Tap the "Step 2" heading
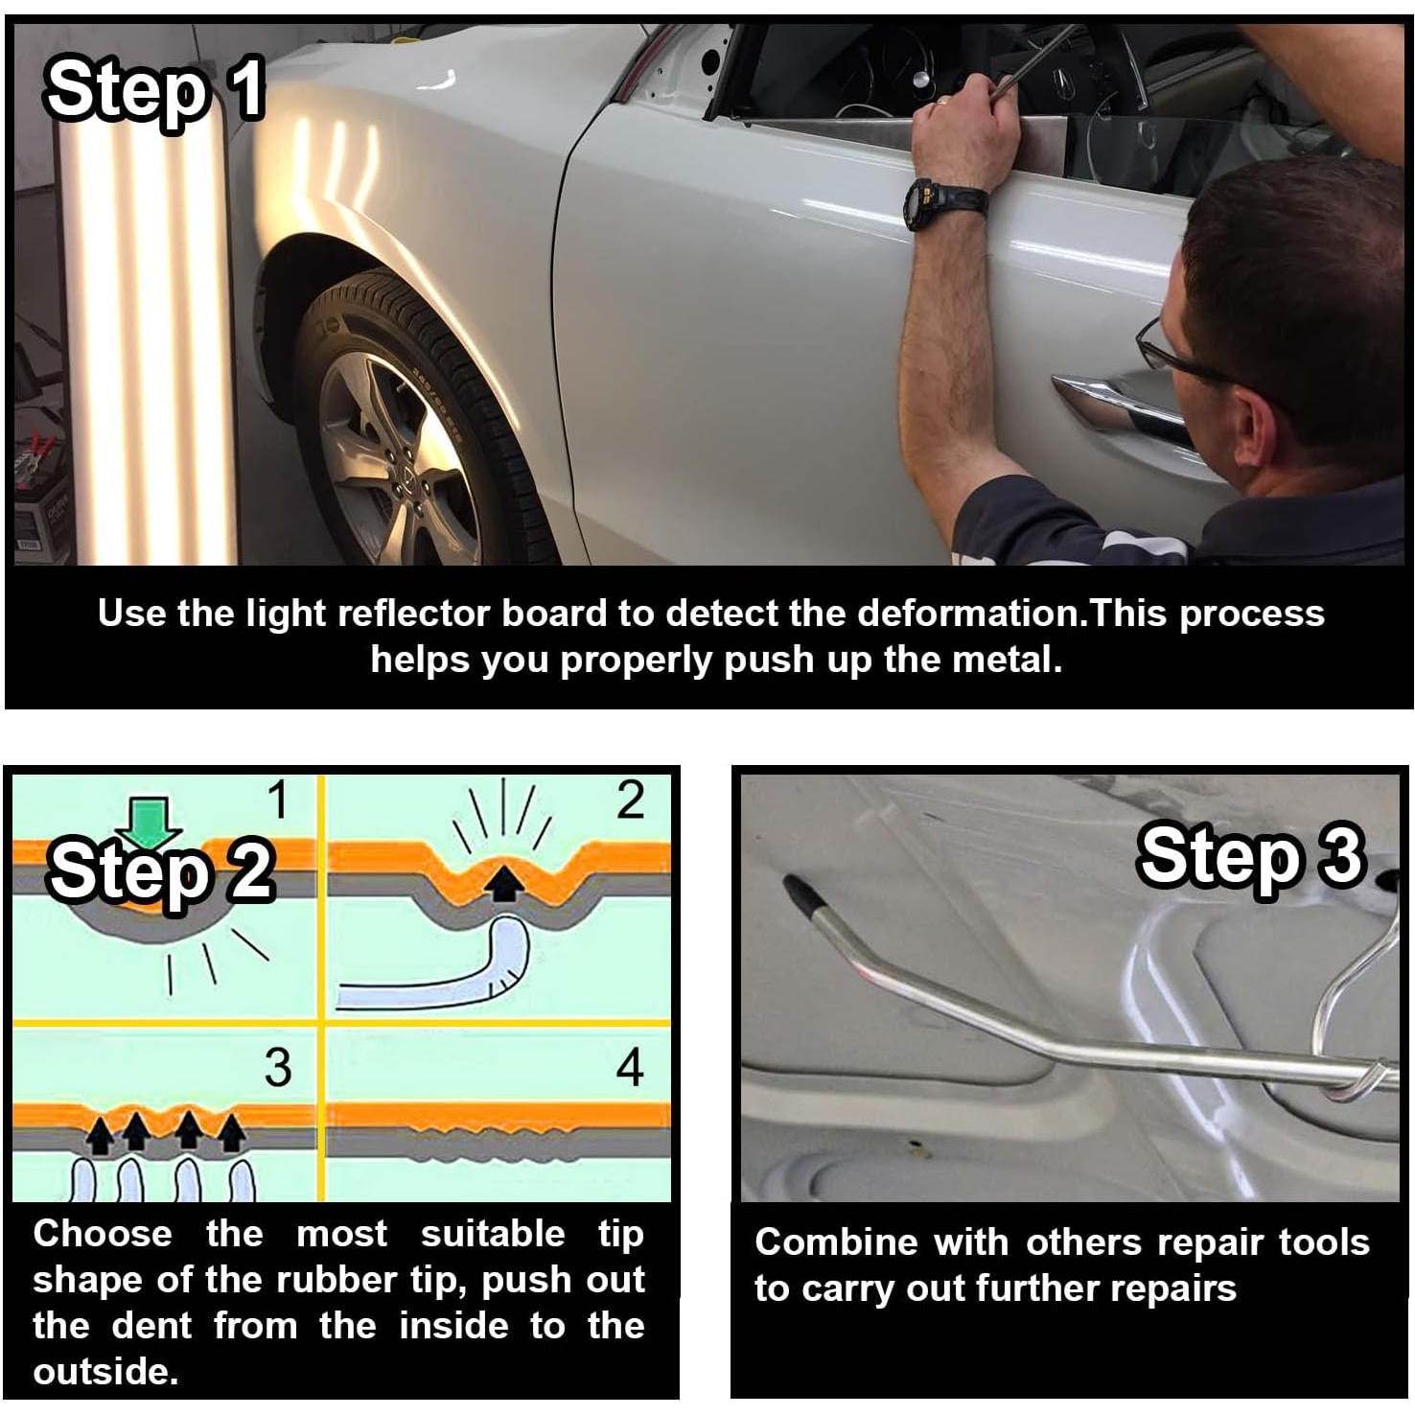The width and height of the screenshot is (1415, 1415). pos(161,870)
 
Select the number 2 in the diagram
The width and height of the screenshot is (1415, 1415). pos(630,800)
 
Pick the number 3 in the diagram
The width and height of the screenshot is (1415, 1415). pos(278,1067)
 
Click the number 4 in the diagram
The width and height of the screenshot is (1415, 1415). pos(629,1067)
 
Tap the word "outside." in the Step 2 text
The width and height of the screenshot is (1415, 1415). pos(105,1372)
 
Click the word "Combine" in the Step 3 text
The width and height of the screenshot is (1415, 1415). pos(837,1242)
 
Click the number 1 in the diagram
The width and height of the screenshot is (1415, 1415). pos(279,800)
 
